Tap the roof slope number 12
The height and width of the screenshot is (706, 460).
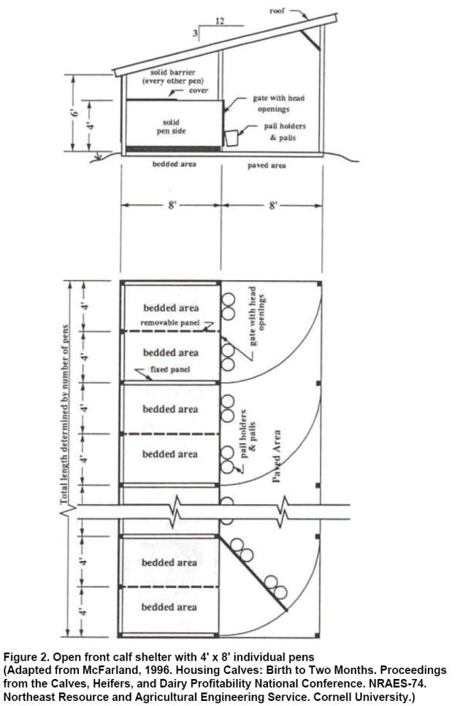click(219, 22)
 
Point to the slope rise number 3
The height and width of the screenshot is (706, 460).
click(196, 34)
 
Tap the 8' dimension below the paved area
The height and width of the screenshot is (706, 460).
click(273, 206)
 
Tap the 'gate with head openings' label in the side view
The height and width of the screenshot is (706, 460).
click(278, 103)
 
